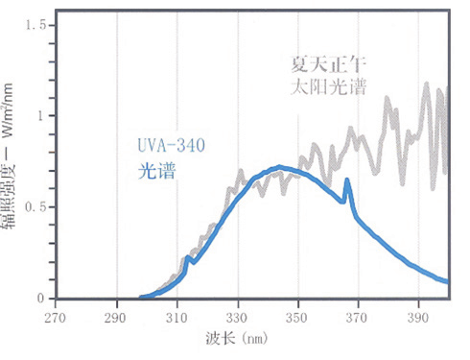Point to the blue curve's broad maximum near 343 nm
(x=279, y=167)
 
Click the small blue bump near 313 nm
(x=188, y=257)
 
